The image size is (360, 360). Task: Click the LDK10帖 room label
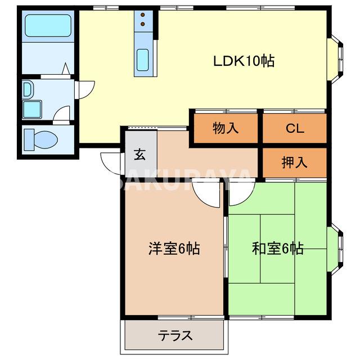243,61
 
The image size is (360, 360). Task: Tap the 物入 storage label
226,128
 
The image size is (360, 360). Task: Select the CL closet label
294,128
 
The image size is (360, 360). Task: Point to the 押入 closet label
294,163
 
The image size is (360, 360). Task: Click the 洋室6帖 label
174,248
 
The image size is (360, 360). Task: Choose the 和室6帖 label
277,248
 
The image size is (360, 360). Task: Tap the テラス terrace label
174,336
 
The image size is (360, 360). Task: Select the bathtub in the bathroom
48,25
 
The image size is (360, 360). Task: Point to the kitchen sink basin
143,58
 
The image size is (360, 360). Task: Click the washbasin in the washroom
28,89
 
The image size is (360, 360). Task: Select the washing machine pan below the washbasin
31,109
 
